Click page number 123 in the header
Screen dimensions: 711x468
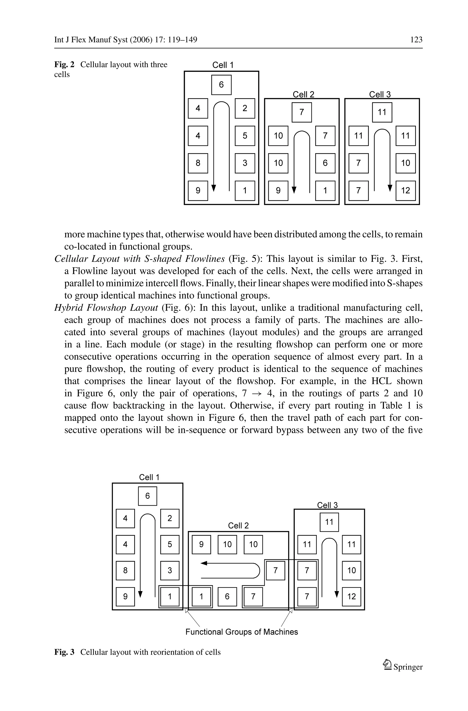click(416, 40)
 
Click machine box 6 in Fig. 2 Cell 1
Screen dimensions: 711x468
click(221, 85)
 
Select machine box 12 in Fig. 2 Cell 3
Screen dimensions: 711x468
click(405, 190)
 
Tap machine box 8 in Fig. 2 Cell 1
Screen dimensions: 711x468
click(198, 163)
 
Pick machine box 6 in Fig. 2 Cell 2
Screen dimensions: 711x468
click(325, 163)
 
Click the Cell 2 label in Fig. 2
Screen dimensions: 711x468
click(303, 95)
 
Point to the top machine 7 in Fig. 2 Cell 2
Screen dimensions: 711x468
click(301, 112)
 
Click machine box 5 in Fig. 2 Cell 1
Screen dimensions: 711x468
click(245, 136)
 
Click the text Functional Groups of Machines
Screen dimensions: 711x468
click(242, 632)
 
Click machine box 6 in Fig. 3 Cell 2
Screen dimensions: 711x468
click(227, 597)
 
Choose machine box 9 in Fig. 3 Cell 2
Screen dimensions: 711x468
click(201, 544)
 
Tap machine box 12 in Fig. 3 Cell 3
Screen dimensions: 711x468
click(351, 597)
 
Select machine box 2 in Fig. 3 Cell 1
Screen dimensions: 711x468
click(170, 518)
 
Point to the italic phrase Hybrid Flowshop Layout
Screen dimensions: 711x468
click(106, 308)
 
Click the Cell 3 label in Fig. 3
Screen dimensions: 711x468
click(327, 505)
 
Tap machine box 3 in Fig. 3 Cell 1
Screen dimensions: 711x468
click(170, 570)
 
